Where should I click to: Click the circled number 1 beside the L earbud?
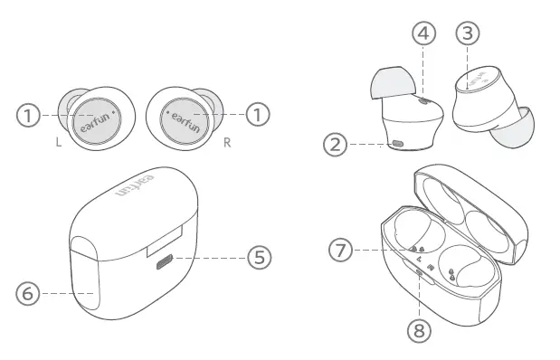29,115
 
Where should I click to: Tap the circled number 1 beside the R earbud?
259,115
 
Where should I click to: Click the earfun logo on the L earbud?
93,119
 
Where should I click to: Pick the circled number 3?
468,33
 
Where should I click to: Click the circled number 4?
423,33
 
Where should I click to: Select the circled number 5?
259,258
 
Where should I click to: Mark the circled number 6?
29,293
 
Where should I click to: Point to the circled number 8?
417,330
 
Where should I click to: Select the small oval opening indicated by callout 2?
399,143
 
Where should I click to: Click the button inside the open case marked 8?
418,270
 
